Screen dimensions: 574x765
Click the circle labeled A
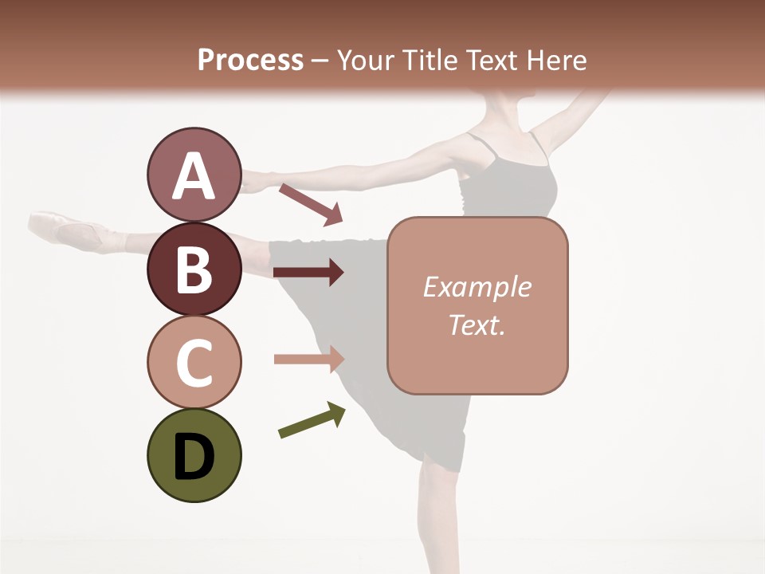point(194,175)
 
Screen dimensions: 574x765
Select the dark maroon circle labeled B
point(194,269)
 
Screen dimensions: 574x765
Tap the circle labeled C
point(194,363)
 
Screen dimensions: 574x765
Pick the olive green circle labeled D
point(194,456)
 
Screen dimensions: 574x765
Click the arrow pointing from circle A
point(310,204)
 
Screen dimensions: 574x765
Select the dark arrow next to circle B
point(308,273)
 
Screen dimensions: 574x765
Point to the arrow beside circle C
point(308,360)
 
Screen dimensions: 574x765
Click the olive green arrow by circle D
point(312,420)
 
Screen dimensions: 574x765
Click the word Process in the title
point(250,60)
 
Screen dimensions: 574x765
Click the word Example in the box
point(477,287)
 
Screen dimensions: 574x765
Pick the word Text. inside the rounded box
point(477,324)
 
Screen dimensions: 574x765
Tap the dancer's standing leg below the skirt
point(438,518)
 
